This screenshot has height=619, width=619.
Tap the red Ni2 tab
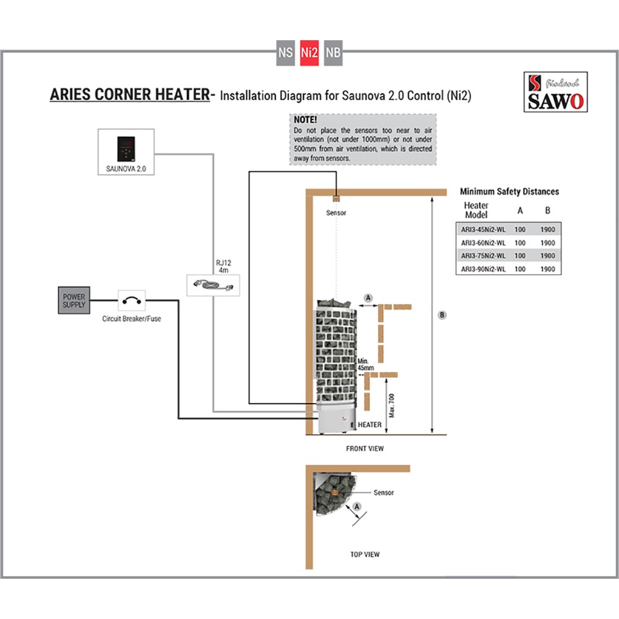[309, 53]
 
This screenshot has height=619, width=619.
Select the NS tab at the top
[285, 53]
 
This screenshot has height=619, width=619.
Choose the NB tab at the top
[332, 53]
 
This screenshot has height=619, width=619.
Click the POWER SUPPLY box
[74, 301]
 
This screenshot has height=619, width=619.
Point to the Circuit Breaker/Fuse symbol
[131, 301]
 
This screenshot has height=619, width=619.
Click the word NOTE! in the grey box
[306, 119]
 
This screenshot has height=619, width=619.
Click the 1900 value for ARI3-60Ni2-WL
[547, 242]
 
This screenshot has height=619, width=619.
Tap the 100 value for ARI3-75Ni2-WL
[520, 255]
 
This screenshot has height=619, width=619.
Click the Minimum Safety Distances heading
[509, 192]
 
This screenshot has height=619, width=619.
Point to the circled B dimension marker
[442, 315]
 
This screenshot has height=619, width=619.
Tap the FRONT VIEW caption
[365, 448]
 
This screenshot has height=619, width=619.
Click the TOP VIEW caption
[365, 554]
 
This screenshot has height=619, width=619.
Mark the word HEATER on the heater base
[370, 425]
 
